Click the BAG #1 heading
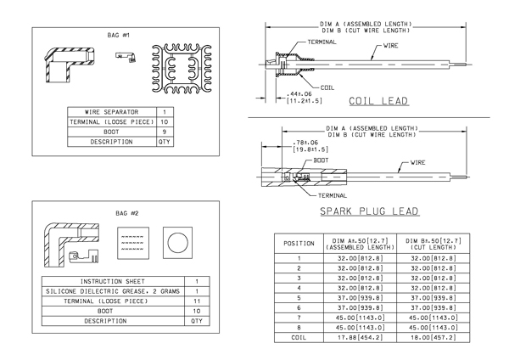coord(119,35)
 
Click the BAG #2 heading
coord(127,213)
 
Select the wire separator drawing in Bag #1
coord(182,69)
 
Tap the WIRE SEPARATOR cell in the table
coord(112,112)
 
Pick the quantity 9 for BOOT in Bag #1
coord(165,132)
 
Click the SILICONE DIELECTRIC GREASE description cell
coord(113,291)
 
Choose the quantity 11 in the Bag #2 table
coord(197,301)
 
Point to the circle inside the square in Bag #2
coord(177,243)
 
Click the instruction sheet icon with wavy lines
coord(133,243)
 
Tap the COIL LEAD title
coord(378,101)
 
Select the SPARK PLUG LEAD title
coord(369,211)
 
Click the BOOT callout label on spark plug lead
coord(321,160)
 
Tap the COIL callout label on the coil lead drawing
coord(327,87)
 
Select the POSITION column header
coord(299,244)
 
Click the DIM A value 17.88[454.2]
coord(360,338)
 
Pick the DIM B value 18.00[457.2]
coord(433,338)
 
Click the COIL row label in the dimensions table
coord(299,338)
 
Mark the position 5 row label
coord(299,298)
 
